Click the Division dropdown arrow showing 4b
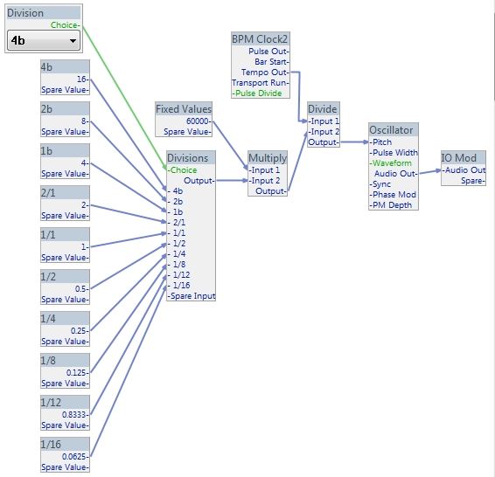click(x=73, y=41)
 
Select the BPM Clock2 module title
click(x=260, y=39)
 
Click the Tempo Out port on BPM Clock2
click(x=264, y=73)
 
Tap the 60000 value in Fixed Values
click(x=199, y=121)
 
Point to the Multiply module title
click(x=268, y=158)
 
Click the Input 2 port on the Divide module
click(x=324, y=131)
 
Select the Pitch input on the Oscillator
click(x=380, y=142)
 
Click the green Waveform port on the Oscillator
click(x=391, y=163)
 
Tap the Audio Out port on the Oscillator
click(x=395, y=173)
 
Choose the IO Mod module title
click(x=458, y=158)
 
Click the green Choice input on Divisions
click(x=183, y=170)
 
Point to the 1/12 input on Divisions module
click(x=179, y=275)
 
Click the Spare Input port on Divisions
click(x=192, y=296)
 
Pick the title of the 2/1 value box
click(x=48, y=192)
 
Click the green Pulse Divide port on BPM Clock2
click(x=257, y=93)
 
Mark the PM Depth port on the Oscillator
click(x=391, y=205)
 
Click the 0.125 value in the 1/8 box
click(x=77, y=373)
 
